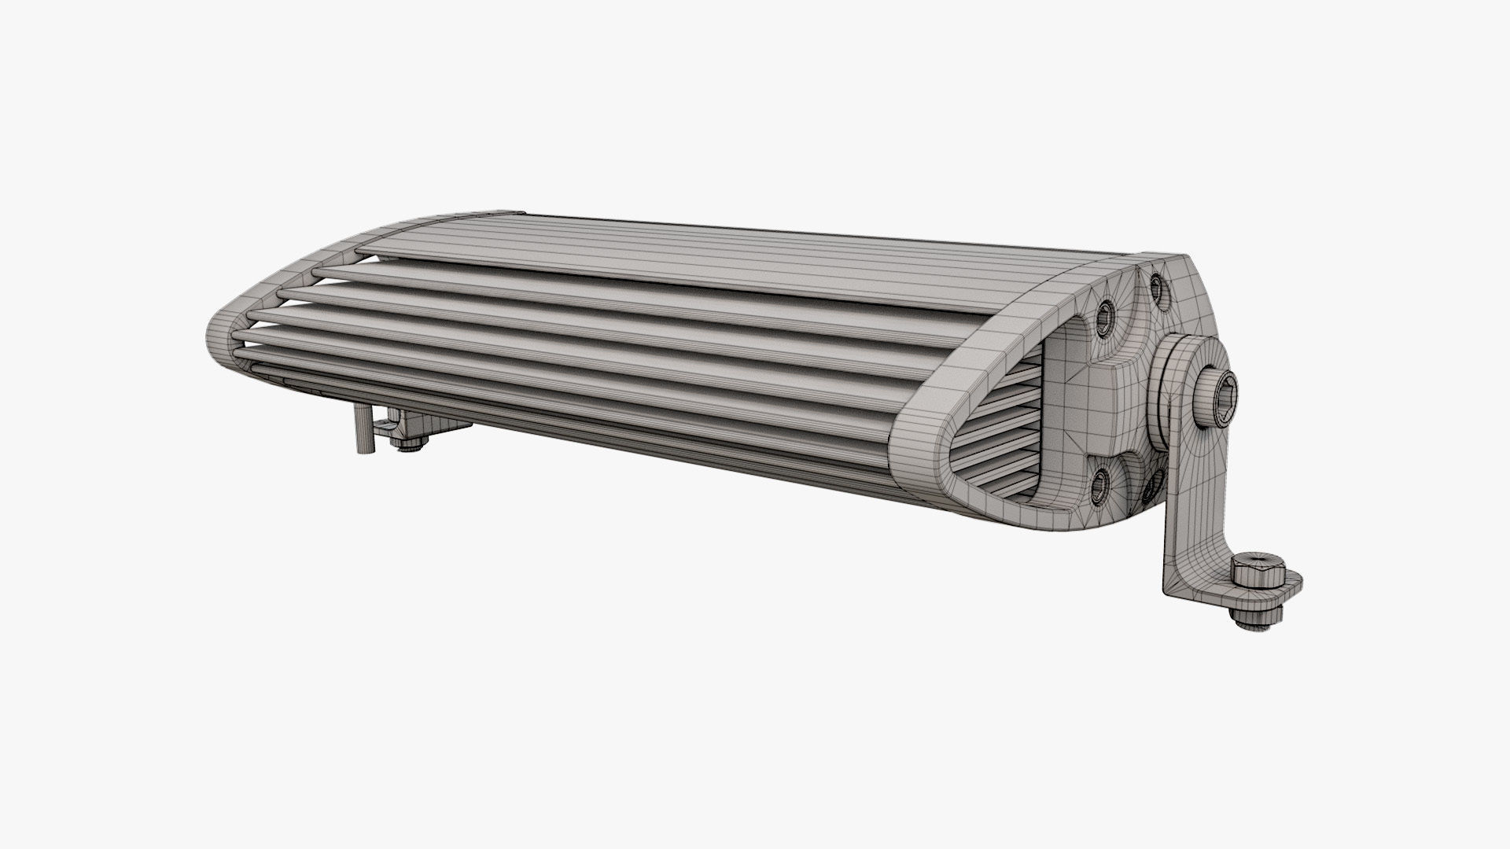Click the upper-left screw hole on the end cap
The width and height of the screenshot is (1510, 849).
(x=1103, y=316)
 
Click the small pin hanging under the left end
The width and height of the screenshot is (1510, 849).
(x=361, y=436)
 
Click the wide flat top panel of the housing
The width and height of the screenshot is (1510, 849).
(x=708, y=252)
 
